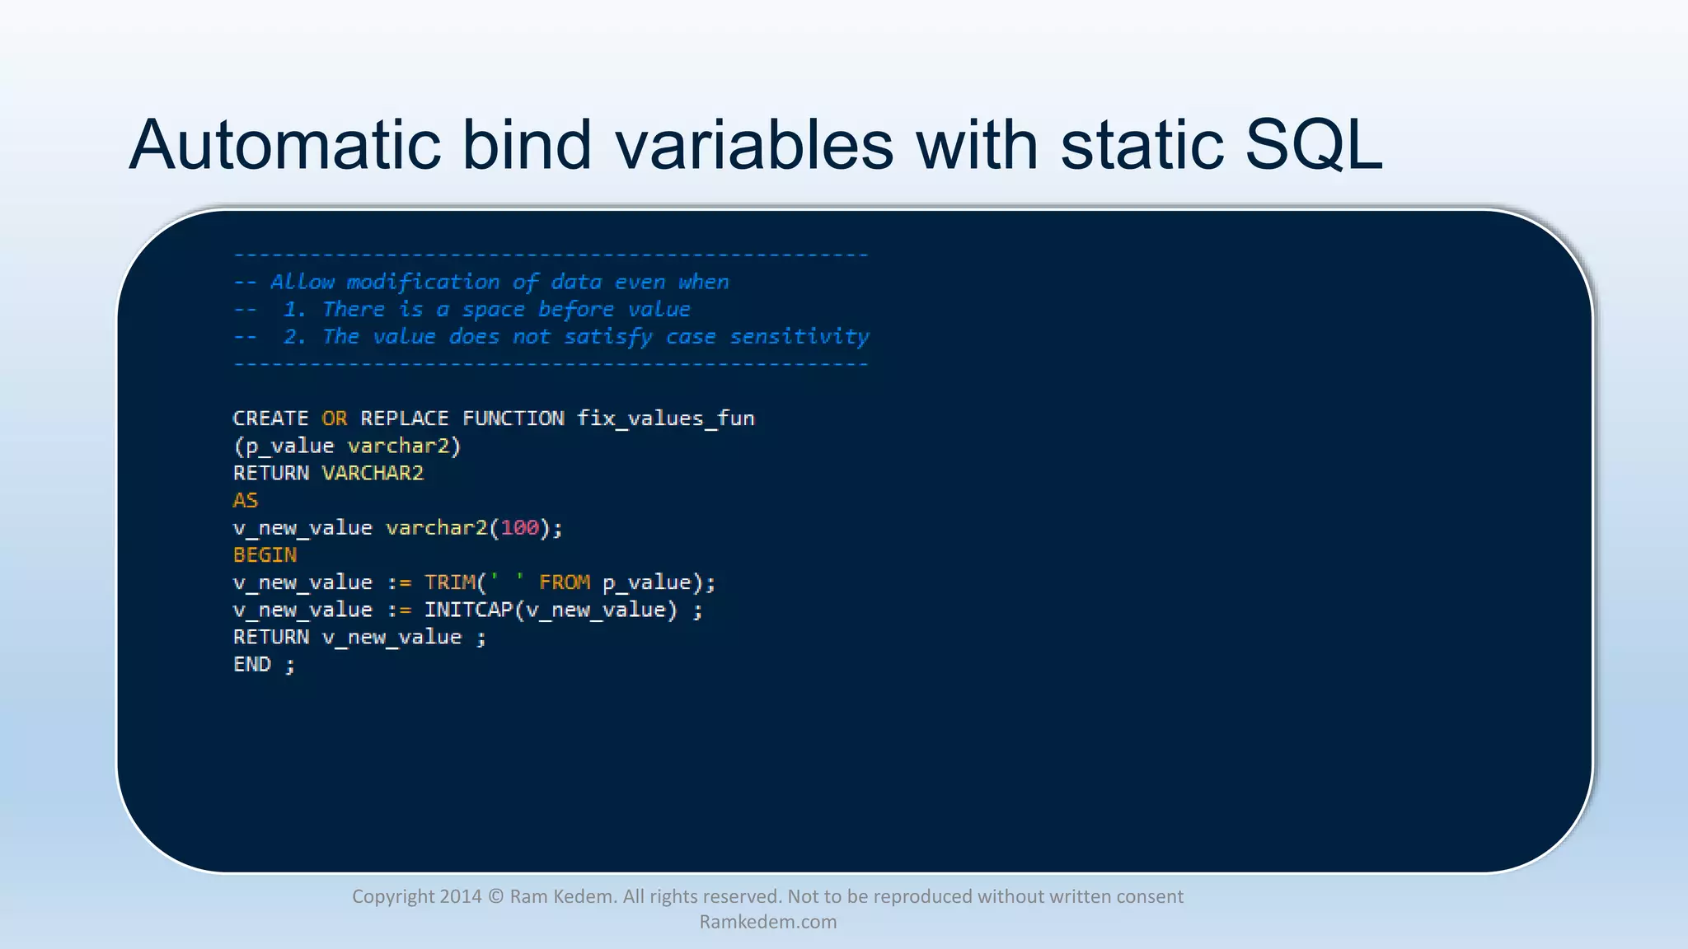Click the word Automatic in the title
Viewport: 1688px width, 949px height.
pyautogui.click(x=285, y=145)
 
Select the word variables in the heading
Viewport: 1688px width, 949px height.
pyautogui.click(x=753, y=145)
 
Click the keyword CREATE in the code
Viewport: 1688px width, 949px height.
pyautogui.click(x=270, y=418)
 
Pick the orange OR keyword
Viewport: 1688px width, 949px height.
pyautogui.click(x=334, y=418)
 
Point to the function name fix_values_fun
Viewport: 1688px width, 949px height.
pyautogui.click(x=665, y=418)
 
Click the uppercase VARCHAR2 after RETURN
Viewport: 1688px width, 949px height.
pyautogui.click(x=373, y=473)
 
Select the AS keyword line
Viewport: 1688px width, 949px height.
pyautogui.click(x=246, y=500)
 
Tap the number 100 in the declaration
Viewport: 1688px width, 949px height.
pyautogui.click(x=519, y=527)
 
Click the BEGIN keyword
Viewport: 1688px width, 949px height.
pyautogui.click(x=265, y=554)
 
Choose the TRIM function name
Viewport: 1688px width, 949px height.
pyautogui.click(x=449, y=582)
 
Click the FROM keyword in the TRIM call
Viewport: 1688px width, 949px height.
pyautogui.click(x=565, y=582)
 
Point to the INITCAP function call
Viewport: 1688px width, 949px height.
pyautogui.click(x=468, y=610)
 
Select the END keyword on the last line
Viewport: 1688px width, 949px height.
pyautogui.click(x=251, y=664)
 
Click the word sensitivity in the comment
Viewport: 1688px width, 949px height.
pyautogui.click(x=799, y=337)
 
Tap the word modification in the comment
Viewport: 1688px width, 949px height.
pyautogui.click(x=423, y=283)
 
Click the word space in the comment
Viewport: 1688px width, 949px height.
pyautogui.click(x=493, y=310)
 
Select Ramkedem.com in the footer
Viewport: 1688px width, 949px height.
pyautogui.click(x=767, y=922)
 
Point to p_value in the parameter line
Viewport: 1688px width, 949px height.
pyautogui.click(x=289, y=446)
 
